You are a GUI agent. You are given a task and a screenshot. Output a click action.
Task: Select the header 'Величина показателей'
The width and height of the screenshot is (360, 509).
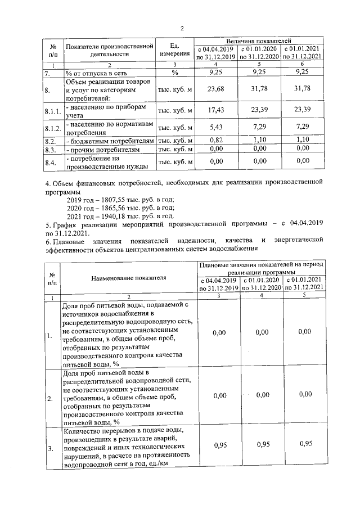click(x=258, y=41)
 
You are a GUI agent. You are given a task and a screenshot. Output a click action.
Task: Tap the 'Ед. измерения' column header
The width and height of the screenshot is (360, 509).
click(x=174, y=50)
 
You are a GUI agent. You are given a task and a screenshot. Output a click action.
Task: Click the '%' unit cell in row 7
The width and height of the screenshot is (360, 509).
click(x=174, y=73)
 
